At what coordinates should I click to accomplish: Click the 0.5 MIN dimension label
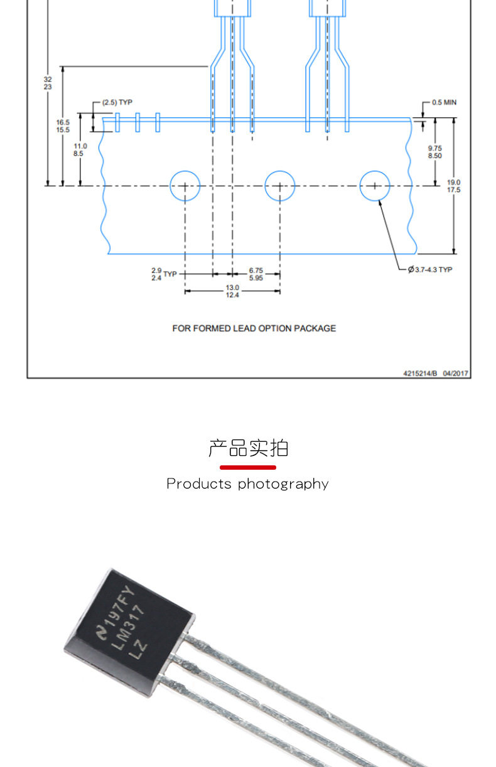444,102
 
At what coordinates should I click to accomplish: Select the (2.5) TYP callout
117,102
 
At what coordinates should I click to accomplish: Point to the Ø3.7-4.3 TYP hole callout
430,270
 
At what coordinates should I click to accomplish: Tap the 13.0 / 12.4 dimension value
232,292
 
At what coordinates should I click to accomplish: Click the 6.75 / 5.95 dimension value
256,274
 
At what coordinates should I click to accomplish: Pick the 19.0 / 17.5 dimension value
453,186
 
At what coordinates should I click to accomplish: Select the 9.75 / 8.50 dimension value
434,152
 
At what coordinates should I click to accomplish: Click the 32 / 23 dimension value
48,83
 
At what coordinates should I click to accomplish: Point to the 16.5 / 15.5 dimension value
63,126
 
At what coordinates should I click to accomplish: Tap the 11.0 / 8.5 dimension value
80,150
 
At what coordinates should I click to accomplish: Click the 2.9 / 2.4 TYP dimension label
164,274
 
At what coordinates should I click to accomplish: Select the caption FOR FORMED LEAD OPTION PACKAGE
254,329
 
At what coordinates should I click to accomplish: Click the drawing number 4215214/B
420,374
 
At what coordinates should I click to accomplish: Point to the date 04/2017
455,374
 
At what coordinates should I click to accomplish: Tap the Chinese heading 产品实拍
248,448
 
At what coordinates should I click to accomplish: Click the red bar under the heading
248,467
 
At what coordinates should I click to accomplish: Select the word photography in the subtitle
283,484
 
